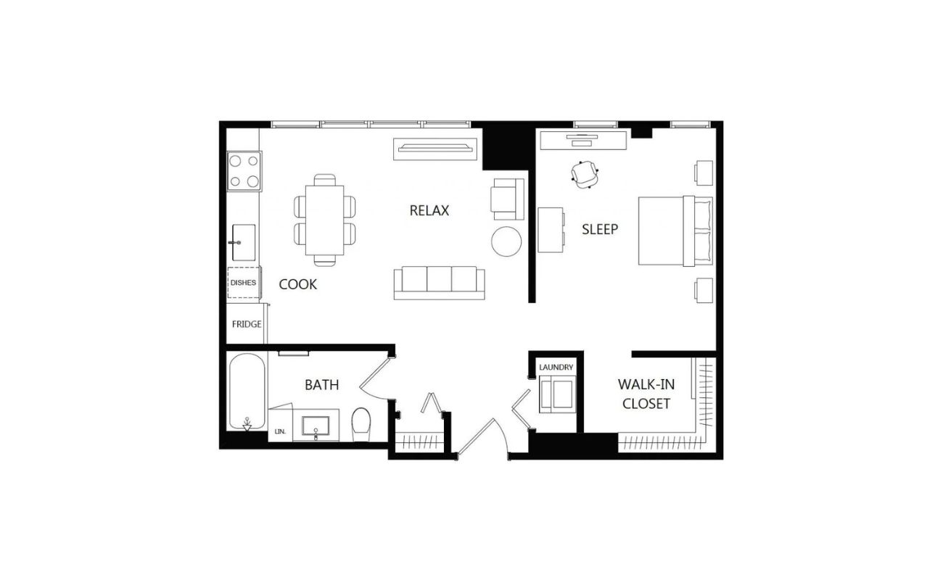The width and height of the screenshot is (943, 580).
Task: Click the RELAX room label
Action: tap(429, 210)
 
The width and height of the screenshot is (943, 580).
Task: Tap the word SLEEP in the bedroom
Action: tap(600, 229)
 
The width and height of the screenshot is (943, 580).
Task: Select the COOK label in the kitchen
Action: tap(297, 284)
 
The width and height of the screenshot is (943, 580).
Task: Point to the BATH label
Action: tap(321, 385)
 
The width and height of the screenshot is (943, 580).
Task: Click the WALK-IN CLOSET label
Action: tap(646, 394)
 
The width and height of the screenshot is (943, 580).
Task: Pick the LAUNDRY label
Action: tap(556, 368)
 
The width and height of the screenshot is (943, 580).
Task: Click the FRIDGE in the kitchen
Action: tap(247, 323)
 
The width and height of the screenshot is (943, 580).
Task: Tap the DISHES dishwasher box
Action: tap(244, 283)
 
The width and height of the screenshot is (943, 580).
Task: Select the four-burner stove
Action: tap(244, 171)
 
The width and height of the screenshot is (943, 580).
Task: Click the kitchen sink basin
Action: tap(244, 242)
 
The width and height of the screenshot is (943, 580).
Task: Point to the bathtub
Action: tap(247, 391)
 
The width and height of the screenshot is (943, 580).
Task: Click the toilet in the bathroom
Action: tap(361, 424)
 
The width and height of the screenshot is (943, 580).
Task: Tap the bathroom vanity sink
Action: tap(316, 426)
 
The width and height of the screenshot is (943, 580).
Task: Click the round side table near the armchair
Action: tap(506, 241)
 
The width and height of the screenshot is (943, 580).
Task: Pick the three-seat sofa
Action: tap(439, 283)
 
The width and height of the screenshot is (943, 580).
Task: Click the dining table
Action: tap(324, 220)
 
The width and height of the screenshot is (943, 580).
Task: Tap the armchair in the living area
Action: tap(507, 199)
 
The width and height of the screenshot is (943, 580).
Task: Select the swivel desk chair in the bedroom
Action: tap(585, 174)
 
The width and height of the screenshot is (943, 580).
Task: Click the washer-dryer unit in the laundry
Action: tap(557, 394)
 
